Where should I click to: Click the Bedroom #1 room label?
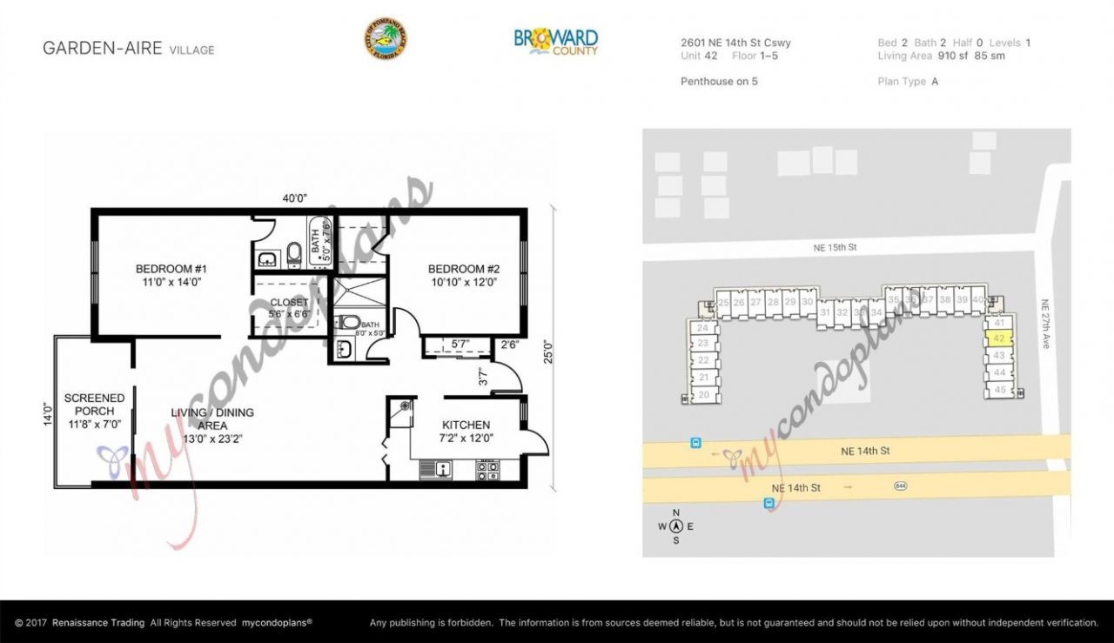171,275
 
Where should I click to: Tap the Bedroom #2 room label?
463,275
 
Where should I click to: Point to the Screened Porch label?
94,411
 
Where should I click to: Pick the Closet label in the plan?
289,308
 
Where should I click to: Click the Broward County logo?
555,41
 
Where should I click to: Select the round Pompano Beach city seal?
386,40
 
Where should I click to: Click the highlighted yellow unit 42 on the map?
999,338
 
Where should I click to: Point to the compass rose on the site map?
675,526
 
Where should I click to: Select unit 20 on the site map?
704,395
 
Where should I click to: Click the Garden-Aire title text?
103,49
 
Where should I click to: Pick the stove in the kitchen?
487,470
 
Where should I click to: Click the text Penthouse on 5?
719,81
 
